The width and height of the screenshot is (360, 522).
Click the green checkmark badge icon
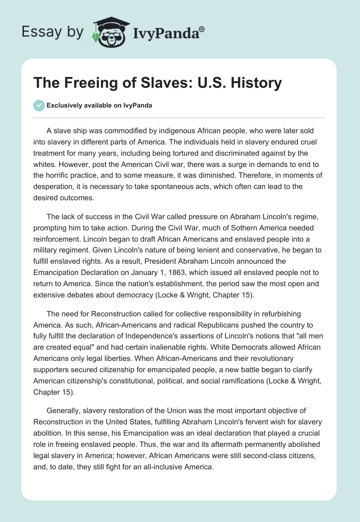[x=39, y=105]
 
